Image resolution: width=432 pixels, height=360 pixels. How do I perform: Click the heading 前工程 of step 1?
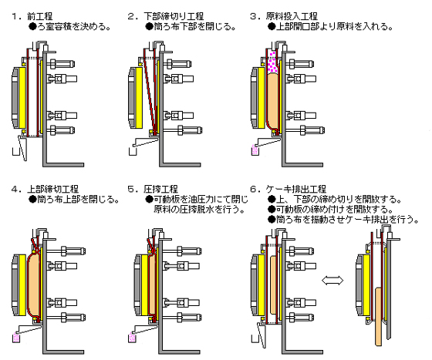[x=39, y=16]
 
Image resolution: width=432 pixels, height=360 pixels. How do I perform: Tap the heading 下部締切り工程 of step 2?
[x=174, y=16]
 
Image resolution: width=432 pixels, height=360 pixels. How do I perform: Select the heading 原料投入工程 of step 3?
[x=292, y=16]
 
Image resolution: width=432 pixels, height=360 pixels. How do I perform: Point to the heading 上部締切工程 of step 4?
[x=53, y=189]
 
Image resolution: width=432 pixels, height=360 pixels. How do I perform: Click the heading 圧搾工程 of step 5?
[x=161, y=189]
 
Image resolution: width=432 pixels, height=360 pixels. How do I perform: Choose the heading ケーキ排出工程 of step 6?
[x=296, y=189]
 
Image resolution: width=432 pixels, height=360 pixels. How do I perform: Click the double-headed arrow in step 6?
[x=332, y=281]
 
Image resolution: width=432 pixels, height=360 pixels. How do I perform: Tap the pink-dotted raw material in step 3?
[x=272, y=62]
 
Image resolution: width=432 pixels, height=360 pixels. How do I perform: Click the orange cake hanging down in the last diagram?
[x=379, y=317]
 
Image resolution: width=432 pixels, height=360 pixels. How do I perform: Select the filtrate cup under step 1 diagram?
[x=15, y=151]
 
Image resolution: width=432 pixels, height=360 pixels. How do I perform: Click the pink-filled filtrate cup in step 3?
[x=255, y=151]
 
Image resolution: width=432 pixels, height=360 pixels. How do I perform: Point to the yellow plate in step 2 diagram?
[x=139, y=98]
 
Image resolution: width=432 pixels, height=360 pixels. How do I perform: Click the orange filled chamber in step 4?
[x=34, y=285]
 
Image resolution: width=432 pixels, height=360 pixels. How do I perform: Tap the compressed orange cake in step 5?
[x=153, y=285]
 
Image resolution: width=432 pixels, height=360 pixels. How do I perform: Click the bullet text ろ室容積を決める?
[x=70, y=27]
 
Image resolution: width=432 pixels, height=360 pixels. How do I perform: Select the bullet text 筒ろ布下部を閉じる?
[x=191, y=27]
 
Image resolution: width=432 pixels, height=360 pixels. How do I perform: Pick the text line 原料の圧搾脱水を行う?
[x=200, y=210]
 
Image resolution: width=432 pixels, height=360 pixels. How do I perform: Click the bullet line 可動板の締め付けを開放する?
[x=330, y=210]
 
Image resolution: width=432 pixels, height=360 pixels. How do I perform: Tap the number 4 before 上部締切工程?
[x=15, y=190]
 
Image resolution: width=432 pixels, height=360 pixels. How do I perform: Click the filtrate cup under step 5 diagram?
[x=133, y=338]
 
